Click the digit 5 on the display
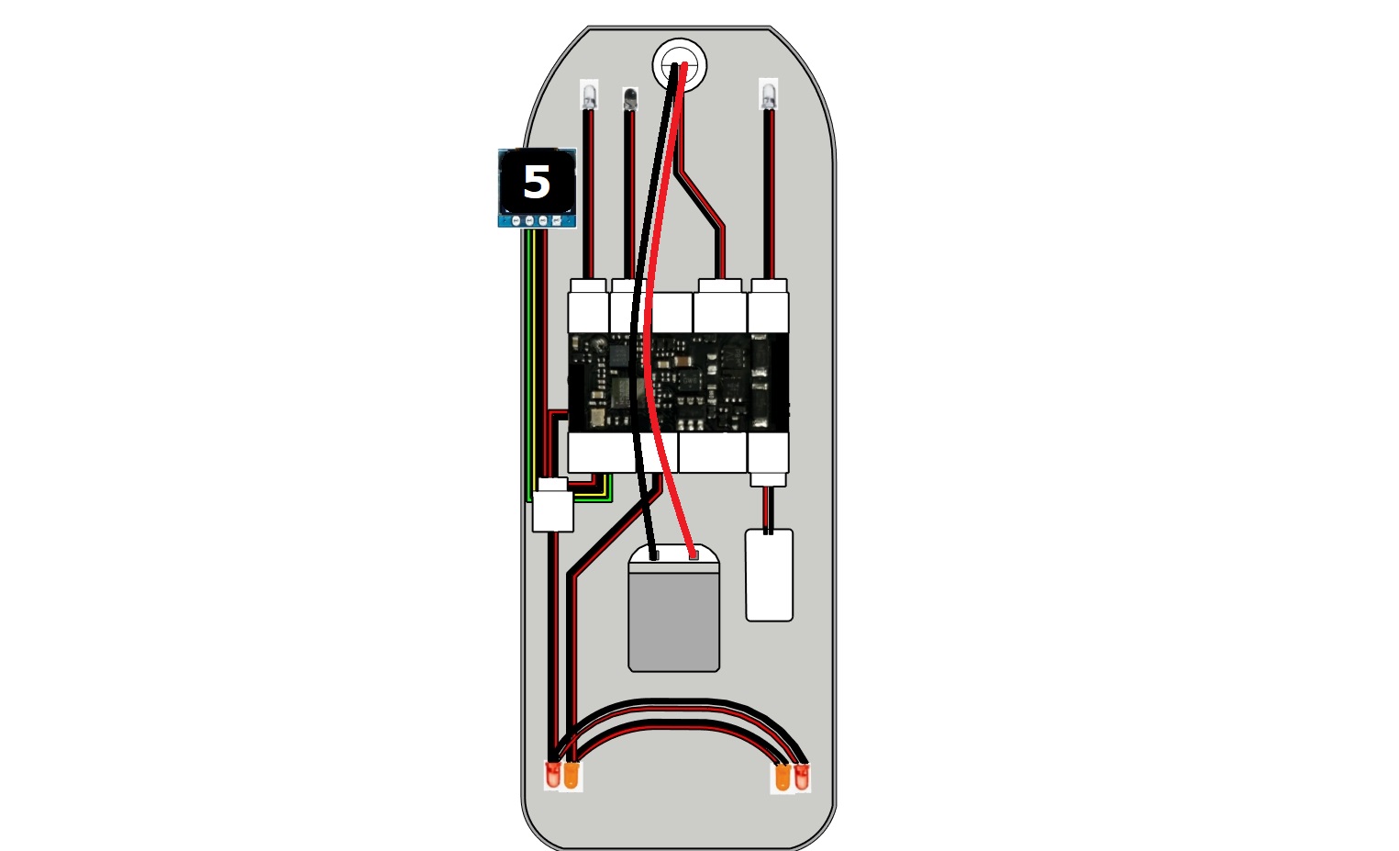point(537,183)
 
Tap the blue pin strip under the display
point(537,220)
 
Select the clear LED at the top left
point(588,95)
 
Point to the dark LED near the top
point(630,99)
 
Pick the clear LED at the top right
point(768,94)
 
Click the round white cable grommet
point(680,65)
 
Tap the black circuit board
point(678,383)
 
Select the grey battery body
point(674,622)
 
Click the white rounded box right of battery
point(770,576)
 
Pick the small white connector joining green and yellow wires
point(553,505)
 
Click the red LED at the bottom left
point(553,776)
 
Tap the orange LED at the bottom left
point(572,776)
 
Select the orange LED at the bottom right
point(783,778)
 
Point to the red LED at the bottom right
point(801,778)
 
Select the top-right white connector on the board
point(768,306)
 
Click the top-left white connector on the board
point(588,306)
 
